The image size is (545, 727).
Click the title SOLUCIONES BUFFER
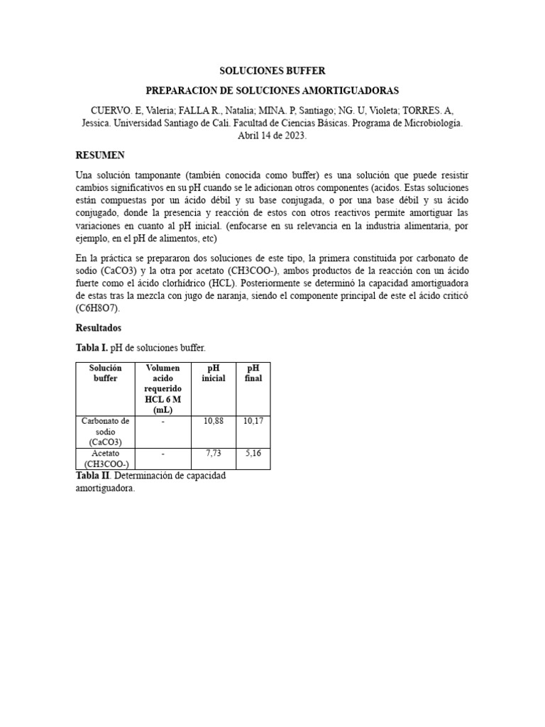click(272, 71)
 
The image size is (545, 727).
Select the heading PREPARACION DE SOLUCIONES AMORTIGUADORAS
click(272, 91)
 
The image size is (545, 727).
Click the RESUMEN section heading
click(100, 155)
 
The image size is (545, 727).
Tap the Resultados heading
click(99, 328)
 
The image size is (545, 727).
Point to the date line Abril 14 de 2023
click(272, 136)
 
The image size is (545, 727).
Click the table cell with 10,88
click(213, 421)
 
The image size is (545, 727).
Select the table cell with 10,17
click(253, 421)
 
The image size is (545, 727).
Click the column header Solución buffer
click(105, 373)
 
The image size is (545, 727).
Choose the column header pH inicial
click(213, 373)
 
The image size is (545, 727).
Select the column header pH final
click(253, 373)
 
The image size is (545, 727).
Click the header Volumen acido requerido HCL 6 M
click(163, 389)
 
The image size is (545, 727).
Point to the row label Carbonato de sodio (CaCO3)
click(105, 431)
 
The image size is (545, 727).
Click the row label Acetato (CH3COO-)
click(105, 458)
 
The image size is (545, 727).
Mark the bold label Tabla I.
click(90, 347)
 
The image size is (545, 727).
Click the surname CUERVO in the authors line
click(112, 110)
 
